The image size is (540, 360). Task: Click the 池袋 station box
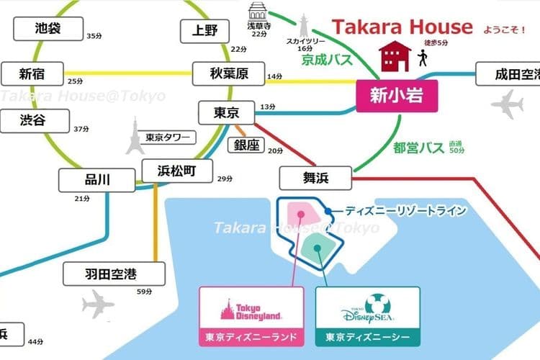point(48,30)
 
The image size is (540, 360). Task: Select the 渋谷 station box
point(32,120)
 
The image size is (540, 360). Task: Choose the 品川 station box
point(96,180)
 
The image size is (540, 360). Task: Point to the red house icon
point(397,55)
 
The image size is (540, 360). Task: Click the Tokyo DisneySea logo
point(367,308)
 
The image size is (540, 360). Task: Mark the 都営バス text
point(418,148)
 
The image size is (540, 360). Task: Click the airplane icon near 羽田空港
point(97,304)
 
